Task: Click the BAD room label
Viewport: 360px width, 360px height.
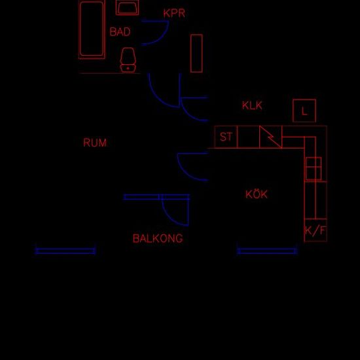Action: pyautogui.click(x=120, y=31)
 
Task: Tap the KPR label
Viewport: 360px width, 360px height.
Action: pyautogui.click(x=174, y=13)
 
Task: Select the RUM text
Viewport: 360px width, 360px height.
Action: pyautogui.click(x=95, y=143)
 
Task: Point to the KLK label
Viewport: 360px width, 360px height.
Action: pyautogui.click(x=252, y=105)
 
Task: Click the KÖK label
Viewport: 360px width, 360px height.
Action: pyautogui.click(x=257, y=194)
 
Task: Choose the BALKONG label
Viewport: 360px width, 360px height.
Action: pyautogui.click(x=158, y=238)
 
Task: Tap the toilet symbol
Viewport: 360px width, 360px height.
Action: pyautogui.click(x=128, y=60)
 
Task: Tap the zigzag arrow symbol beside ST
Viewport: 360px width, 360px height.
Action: pyautogui.click(x=270, y=137)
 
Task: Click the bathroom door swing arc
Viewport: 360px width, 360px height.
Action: pyautogui.click(x=162, y=37)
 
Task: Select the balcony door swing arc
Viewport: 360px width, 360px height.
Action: pyautogui.click(x=171, y=218)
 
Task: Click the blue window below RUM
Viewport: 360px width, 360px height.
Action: pyautogui.click(x=65, y=251)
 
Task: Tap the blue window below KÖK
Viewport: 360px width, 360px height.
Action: pyautogui.click(x=267, y=251)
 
